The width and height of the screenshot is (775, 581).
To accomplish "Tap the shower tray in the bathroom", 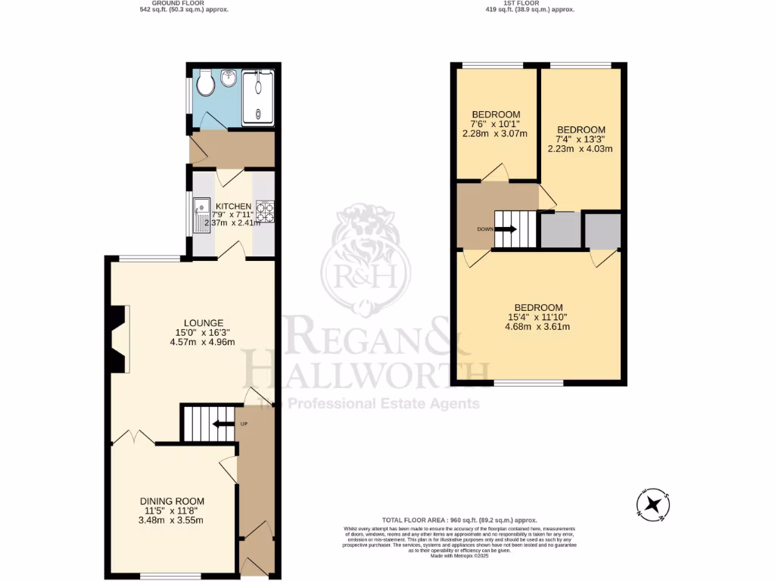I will point(259,96).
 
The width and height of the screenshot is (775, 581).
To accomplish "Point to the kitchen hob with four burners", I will point(265,210).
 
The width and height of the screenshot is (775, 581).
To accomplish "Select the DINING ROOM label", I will point(172,501).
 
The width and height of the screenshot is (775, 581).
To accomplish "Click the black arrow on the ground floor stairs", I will point(223,424).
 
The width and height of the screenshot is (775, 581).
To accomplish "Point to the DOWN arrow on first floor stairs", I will point(507,229).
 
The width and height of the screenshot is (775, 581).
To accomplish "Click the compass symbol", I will point(653,505).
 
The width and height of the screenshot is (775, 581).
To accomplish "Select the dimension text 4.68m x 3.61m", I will point(538,327).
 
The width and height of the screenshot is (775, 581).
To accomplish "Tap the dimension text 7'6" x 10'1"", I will point(496,124).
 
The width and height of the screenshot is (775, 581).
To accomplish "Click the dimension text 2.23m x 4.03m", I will point(580,149).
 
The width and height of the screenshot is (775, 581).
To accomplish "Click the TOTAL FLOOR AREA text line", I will point(459,520).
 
